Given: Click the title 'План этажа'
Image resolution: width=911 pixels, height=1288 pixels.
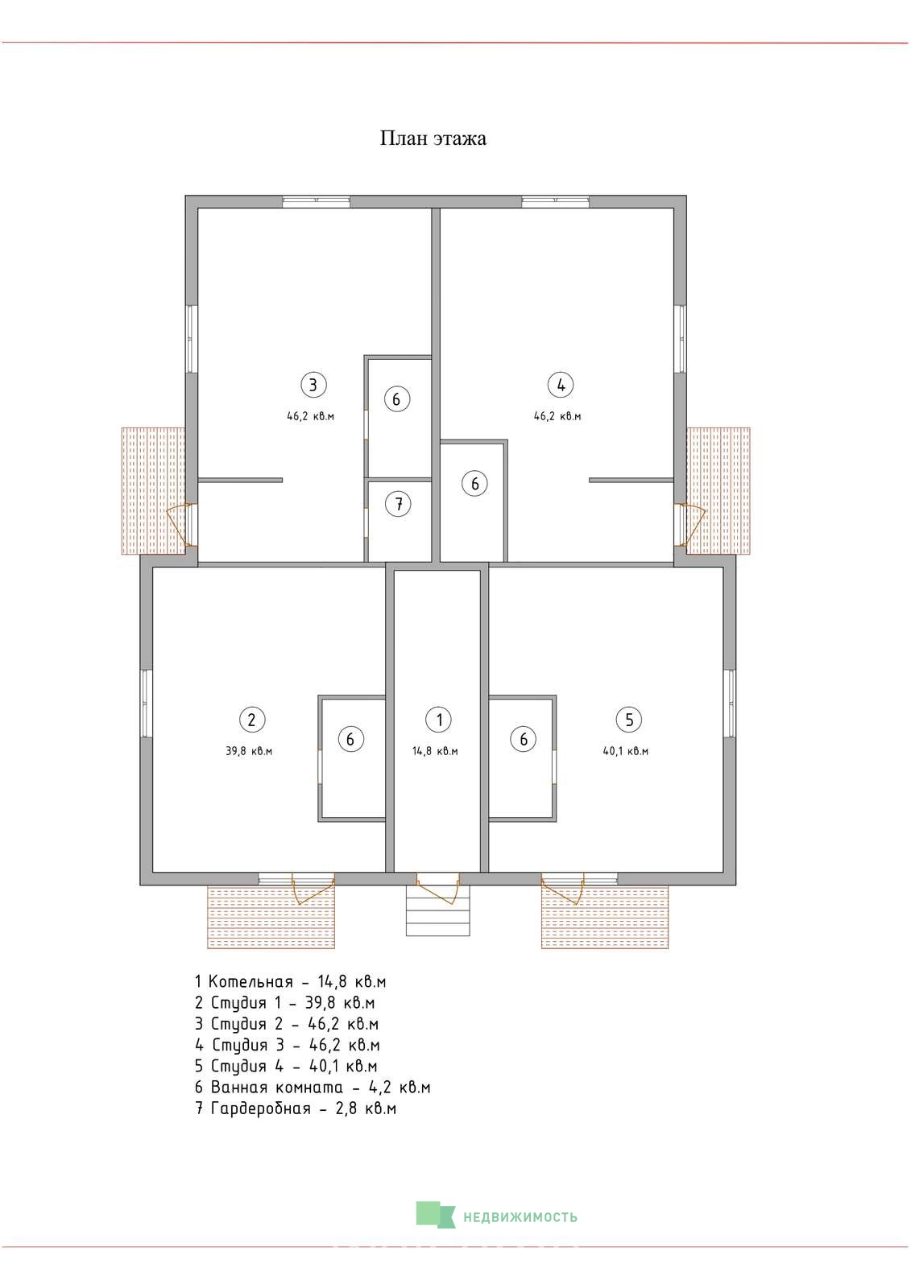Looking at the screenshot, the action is coord(433,138).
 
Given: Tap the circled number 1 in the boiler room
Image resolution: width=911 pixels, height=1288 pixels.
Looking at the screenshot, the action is coord(439,720).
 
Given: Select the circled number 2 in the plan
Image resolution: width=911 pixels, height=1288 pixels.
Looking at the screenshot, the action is coord(251,720).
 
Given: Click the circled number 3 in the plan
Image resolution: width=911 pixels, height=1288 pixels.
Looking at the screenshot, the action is coord(313,385).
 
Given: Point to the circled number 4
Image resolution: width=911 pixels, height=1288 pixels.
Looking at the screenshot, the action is coord(561,385).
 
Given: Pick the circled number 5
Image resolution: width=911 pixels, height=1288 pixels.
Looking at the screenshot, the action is coord(629,720).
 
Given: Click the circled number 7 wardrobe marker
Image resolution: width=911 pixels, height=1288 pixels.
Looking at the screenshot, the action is coord(398,504).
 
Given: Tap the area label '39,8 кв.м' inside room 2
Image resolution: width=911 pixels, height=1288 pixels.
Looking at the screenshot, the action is coord(249,751).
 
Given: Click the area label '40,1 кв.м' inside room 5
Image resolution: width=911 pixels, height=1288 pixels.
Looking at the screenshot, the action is coord(626,751).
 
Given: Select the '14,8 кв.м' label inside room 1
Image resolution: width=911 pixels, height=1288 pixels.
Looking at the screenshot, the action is coord(435,751).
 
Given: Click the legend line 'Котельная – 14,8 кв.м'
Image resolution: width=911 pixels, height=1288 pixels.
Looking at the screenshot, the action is coord(290,981).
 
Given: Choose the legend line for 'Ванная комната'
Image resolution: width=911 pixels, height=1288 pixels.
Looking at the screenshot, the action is coord(313,1088).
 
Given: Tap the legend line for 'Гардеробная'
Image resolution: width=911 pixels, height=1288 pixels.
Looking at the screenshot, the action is coord(296,1108).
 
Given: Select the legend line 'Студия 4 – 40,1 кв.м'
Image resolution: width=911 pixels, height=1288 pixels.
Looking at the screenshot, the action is coord(286,1066).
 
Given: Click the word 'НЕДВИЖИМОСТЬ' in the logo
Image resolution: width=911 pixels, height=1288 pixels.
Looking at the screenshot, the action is coord(520,1217).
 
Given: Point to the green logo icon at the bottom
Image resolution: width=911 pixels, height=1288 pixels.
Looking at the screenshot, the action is coord(435,1215).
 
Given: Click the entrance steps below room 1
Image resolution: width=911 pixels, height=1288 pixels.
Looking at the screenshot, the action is coord(438,910).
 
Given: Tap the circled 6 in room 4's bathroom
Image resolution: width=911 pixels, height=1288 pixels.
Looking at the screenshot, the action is coord(474,484).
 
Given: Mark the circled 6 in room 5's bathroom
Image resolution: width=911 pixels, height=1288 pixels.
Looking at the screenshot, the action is coord(523,739).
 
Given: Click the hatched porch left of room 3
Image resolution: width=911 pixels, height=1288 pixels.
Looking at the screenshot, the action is coord(153,490).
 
